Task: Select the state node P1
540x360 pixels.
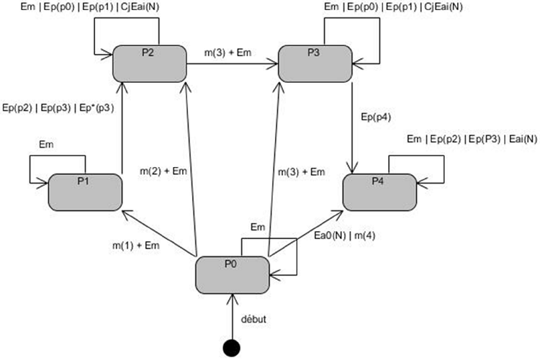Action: point(85,190)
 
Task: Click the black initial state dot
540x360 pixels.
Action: point(231,347)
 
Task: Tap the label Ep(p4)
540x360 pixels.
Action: point(374,115)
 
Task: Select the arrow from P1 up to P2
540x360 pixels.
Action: point(122,130)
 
